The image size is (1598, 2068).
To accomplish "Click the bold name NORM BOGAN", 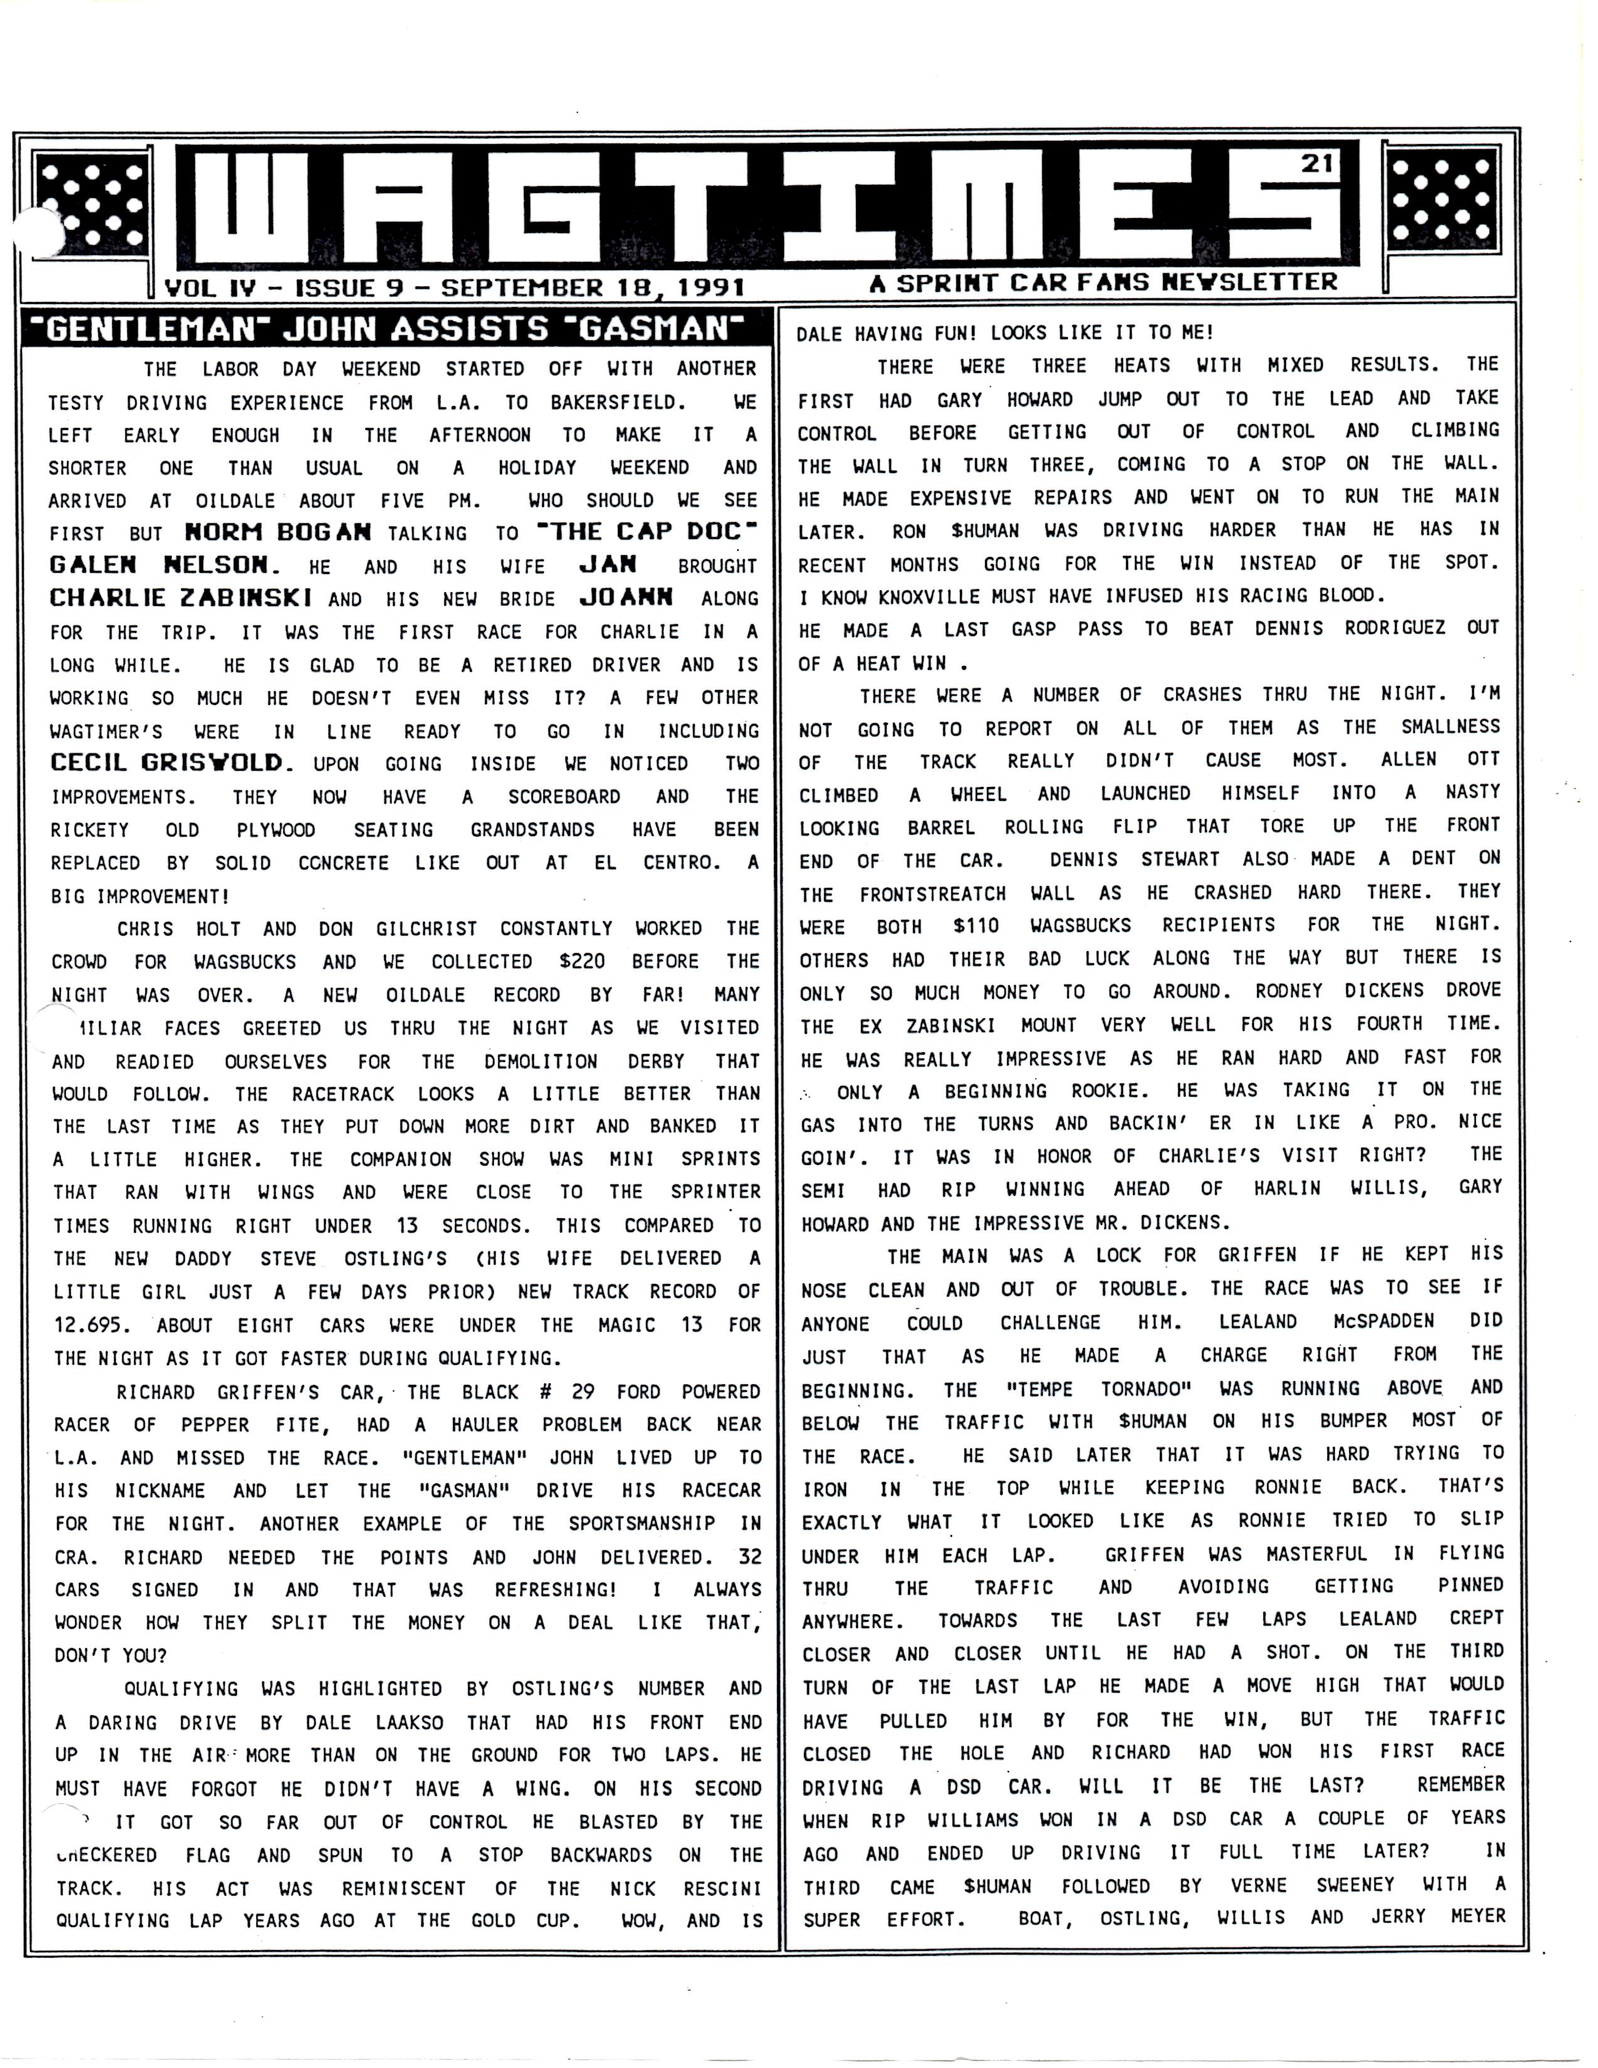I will (x=278, y=532).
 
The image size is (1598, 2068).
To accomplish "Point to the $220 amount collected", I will (x=582, y=962).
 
